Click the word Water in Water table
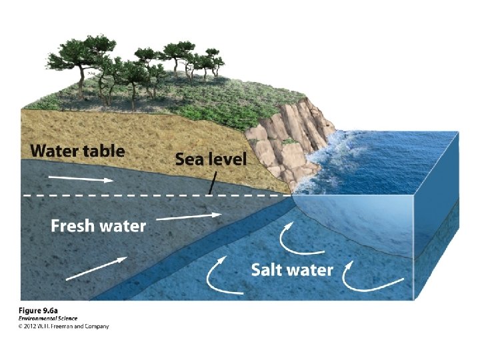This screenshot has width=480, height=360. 53,151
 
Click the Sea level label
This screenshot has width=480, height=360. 210,159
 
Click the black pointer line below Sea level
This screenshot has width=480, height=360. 210,181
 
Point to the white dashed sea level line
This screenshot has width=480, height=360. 133,195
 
